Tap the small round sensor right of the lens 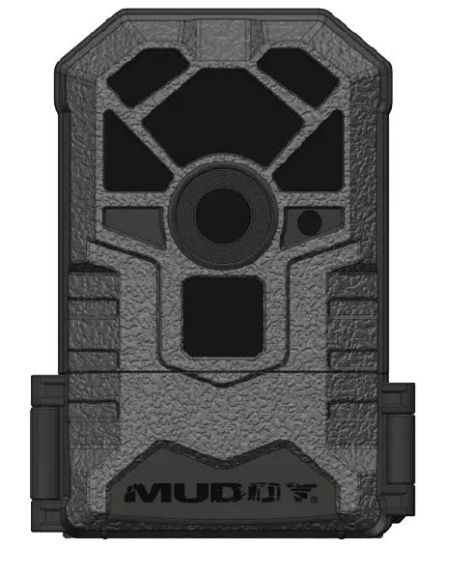(x=309, y=222)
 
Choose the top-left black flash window (x=143, y=77)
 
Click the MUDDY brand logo (x=221, y=493)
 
